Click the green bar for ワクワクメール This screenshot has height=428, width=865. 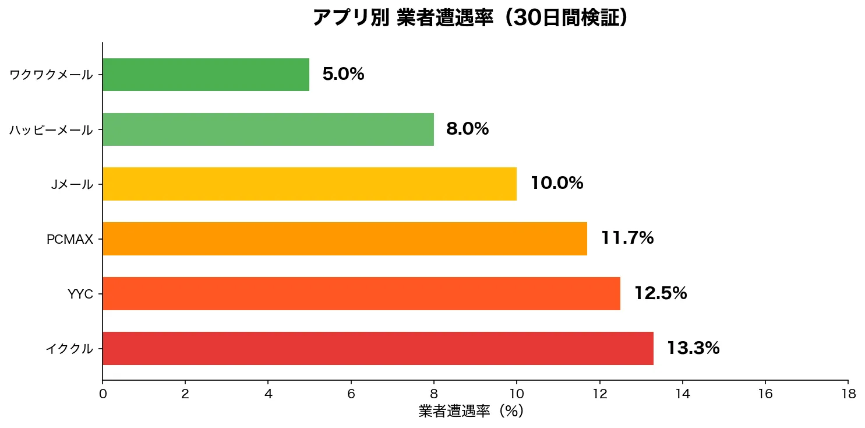(206, 75)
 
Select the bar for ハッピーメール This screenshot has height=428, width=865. (268, 129)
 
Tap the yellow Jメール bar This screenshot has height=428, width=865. (309, 184)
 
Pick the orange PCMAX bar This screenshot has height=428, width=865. (345, 238)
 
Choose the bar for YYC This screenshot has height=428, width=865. (361, 293)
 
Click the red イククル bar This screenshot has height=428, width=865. (377, 348)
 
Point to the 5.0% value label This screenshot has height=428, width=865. (343, 75)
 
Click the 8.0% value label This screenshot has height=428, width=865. (467, 129)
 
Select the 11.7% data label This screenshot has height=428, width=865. (627, 238)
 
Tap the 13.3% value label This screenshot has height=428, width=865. (693, 348)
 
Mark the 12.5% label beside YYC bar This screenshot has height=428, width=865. (661, 293)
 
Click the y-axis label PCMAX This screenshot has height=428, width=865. (70, 239)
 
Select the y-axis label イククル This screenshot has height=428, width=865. (69, 349)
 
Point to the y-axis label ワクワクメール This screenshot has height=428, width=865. (51, 75)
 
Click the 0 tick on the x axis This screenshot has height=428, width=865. (103, 394)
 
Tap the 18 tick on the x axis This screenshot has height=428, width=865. (848, 394)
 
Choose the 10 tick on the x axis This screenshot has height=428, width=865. (517, 394)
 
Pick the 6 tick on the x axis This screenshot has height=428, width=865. (351, 394)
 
